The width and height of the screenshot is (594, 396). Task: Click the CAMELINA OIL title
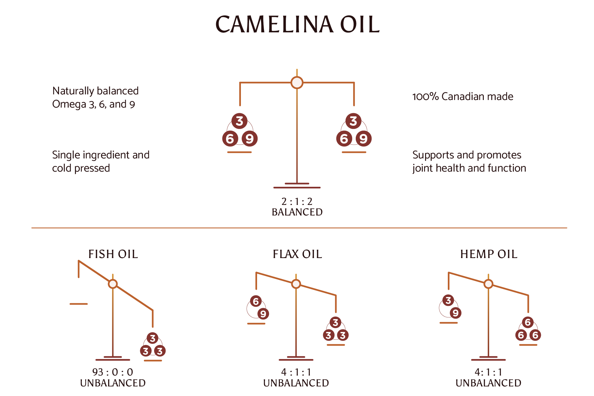coord(297,24)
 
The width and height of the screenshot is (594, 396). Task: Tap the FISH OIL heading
coord(113,254)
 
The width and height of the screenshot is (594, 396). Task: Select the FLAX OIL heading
coord(297,254)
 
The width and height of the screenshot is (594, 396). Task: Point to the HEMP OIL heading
coord(489,254)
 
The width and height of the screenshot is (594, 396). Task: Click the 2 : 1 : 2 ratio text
coord(297,201)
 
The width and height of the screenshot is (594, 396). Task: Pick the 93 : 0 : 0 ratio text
coord(113,372)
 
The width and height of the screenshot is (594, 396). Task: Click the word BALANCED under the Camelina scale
coord(297,212)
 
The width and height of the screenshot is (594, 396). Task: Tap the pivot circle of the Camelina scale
coord(297,82)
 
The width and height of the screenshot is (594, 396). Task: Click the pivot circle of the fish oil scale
coord(113,284)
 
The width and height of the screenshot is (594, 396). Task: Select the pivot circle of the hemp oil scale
coord(488,284)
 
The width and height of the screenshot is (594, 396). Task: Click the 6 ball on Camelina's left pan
coord(230,139)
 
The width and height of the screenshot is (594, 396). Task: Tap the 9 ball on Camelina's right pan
coord(363,139)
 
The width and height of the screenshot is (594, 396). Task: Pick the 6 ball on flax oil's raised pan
coord(256,301)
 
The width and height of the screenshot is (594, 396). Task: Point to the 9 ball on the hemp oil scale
coord(455,313)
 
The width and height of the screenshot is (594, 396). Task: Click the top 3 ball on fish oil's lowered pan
coord(152,338)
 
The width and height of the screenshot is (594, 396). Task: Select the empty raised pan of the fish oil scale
coord(79,304)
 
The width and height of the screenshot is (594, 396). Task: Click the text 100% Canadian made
coord(463,96)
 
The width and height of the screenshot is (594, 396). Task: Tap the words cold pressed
coord(81,168)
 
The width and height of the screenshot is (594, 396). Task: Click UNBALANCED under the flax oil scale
coord(296,383)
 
